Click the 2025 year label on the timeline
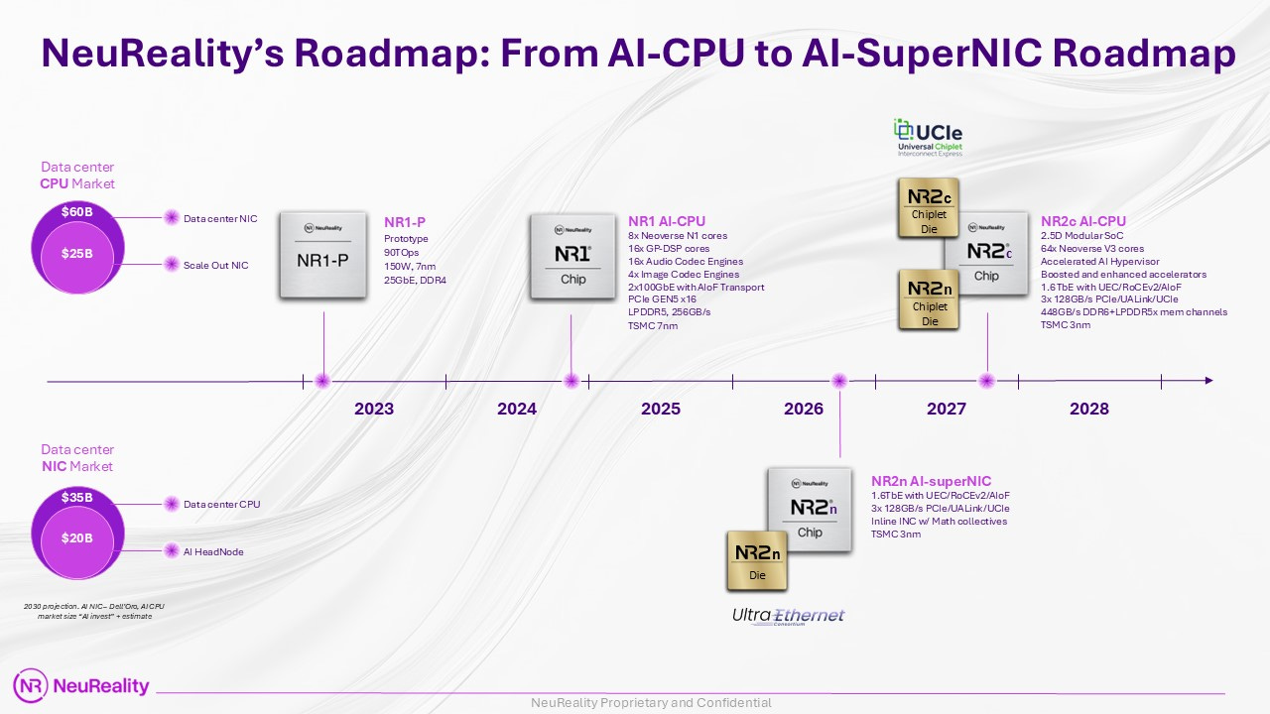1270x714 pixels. coord(661,409)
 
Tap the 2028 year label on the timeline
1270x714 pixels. coord(1088,409)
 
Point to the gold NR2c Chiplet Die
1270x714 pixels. coord(929,208)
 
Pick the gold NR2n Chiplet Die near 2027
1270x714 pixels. coord(929,301)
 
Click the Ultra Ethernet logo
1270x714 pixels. coord(788,616)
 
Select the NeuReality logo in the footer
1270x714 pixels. coord(81,685)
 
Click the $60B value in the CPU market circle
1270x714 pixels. coord(77,212)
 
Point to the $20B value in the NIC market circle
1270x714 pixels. coord(77,538)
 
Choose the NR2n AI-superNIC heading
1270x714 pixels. coord(931,480)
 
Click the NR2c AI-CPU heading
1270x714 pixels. coord(1083,220)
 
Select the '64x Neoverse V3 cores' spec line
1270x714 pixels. coord(1092,249)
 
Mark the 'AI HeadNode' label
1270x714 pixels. coord(213,551)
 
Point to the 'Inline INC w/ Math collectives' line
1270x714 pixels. coord(939,522)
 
